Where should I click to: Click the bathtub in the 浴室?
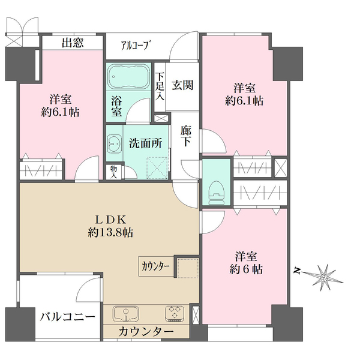tap(128, 76)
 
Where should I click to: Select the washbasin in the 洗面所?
tap(115, 143)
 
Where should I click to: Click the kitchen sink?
tap(125, 314)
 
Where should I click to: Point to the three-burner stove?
tap(175, 313)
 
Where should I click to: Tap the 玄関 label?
tap(182, 85)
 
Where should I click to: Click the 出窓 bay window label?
tap(73, 43)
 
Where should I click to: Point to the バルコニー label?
tap(67, 317)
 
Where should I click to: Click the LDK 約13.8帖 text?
tap(110, 226)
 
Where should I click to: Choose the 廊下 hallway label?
tap(185, 136)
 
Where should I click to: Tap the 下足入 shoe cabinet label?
tap(160, 86)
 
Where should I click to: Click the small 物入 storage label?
tap(113, 172)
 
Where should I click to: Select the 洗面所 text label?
tap(145, 143)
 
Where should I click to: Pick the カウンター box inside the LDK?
tap(156, 266)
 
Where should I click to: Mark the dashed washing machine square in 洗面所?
tap(157, 167)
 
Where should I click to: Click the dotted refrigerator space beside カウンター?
tap(188, 268)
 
